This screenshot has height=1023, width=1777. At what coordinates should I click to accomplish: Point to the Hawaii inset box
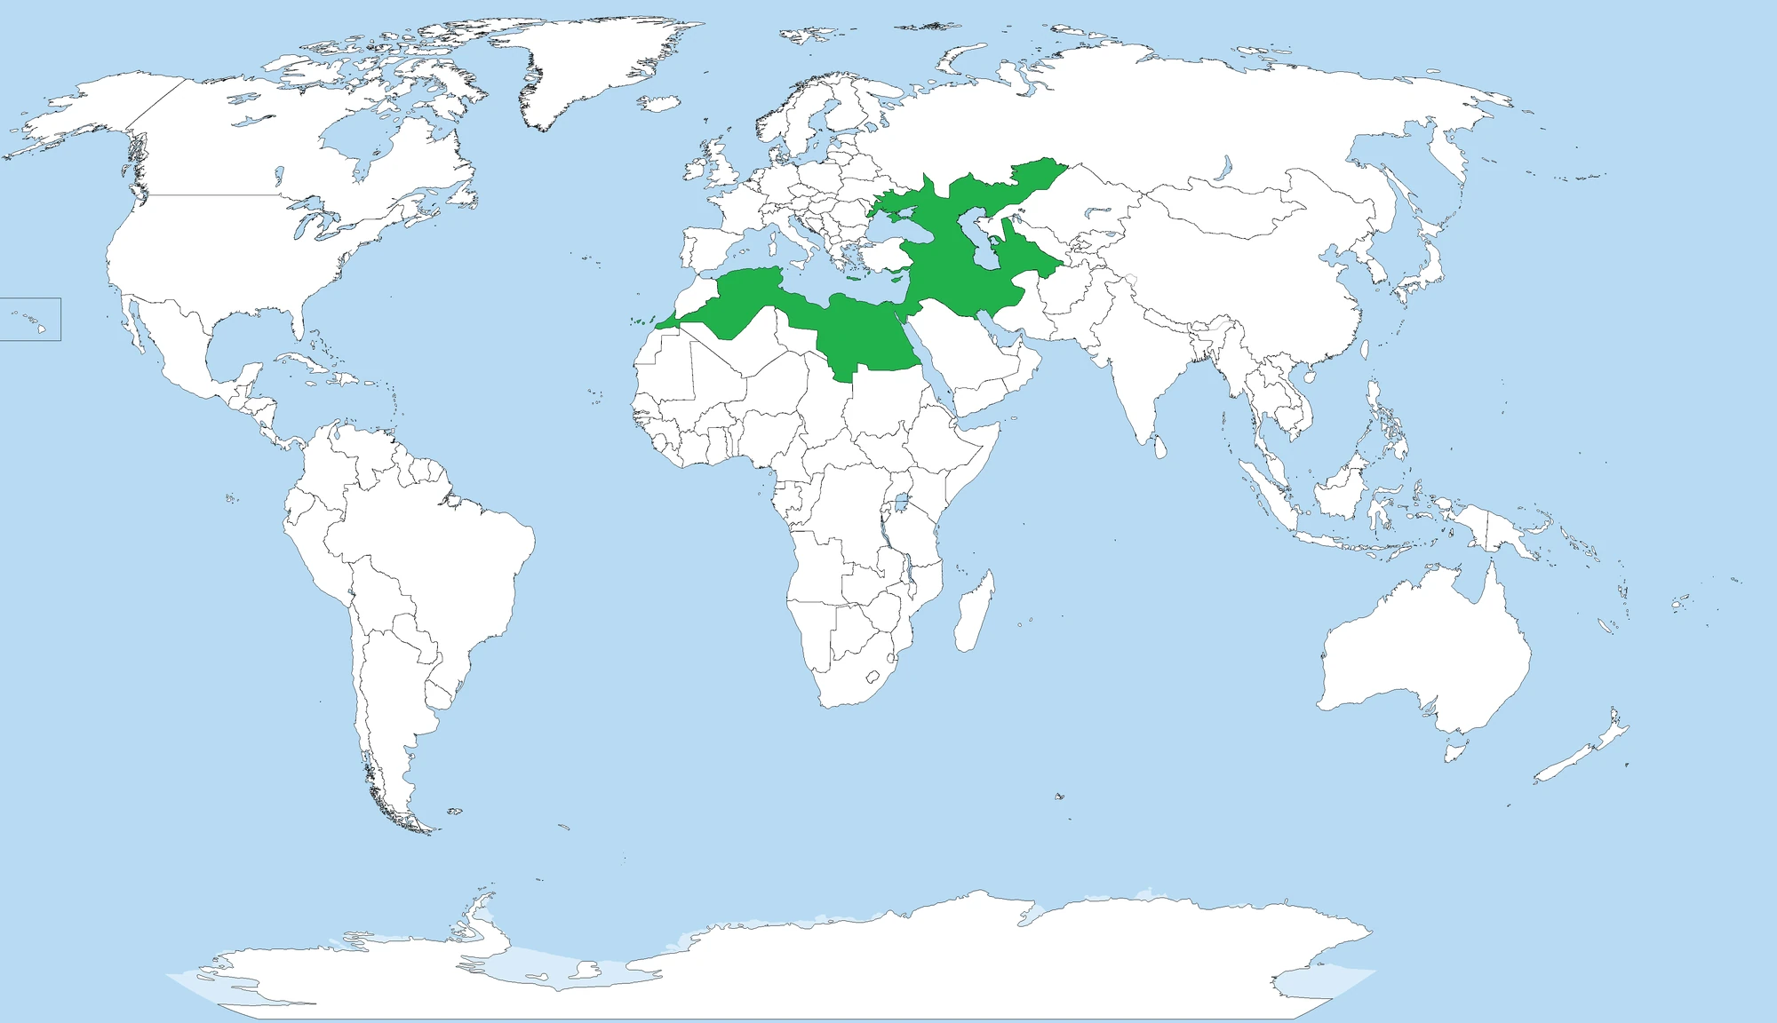pos(30,319)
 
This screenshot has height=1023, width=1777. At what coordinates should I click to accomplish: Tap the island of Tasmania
pos(1454,752)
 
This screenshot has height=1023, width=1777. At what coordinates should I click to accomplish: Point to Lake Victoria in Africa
pos(900,504)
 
